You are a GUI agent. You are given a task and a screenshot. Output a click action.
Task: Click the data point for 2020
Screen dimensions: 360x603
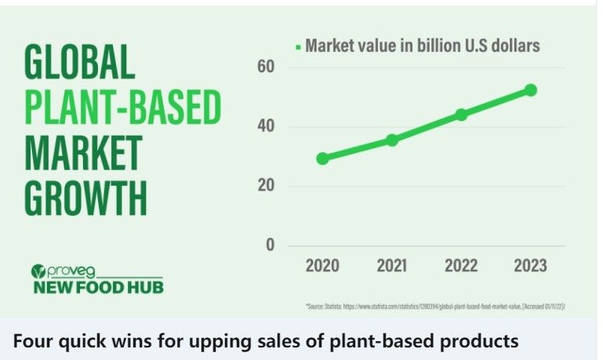(322, 158)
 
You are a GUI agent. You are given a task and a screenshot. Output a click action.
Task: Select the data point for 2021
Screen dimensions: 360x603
(391, 140)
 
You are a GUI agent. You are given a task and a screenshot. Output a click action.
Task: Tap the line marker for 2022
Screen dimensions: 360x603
(461, 115)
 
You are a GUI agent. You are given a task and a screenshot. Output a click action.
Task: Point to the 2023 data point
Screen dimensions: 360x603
(531, 90)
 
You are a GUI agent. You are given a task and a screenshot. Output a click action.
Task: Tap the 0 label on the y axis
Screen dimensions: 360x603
(270, 245)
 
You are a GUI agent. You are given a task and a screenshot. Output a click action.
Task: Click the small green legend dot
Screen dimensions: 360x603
(297, 47)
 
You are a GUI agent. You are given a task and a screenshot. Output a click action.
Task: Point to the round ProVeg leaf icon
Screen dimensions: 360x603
(37, 272)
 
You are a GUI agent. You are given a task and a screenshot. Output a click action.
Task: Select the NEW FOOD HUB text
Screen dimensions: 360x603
(97, 287)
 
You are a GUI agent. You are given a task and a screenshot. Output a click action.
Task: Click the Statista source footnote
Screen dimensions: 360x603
(434, 305)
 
